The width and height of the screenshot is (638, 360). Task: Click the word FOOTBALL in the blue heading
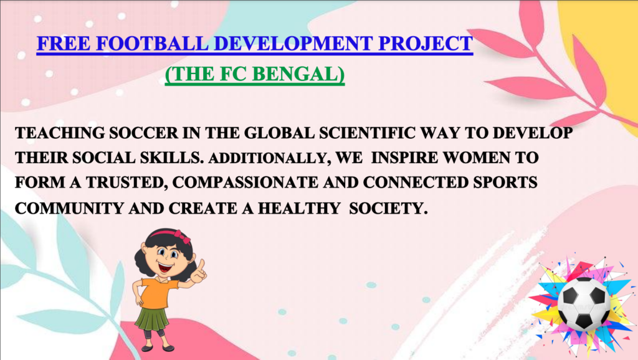tap(152, 44)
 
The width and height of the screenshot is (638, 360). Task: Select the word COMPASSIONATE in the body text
tap(245, 182)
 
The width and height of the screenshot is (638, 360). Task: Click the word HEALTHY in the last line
tap(299, 208)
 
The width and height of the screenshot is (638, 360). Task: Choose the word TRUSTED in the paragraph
tap(127, 182)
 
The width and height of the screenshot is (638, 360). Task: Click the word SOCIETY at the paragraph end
tap(388, 208)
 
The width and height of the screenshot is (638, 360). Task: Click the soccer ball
tap(584, 303)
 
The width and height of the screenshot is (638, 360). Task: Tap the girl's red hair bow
tap(183, 237)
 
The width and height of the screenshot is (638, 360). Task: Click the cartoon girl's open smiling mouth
tap(166, 268)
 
